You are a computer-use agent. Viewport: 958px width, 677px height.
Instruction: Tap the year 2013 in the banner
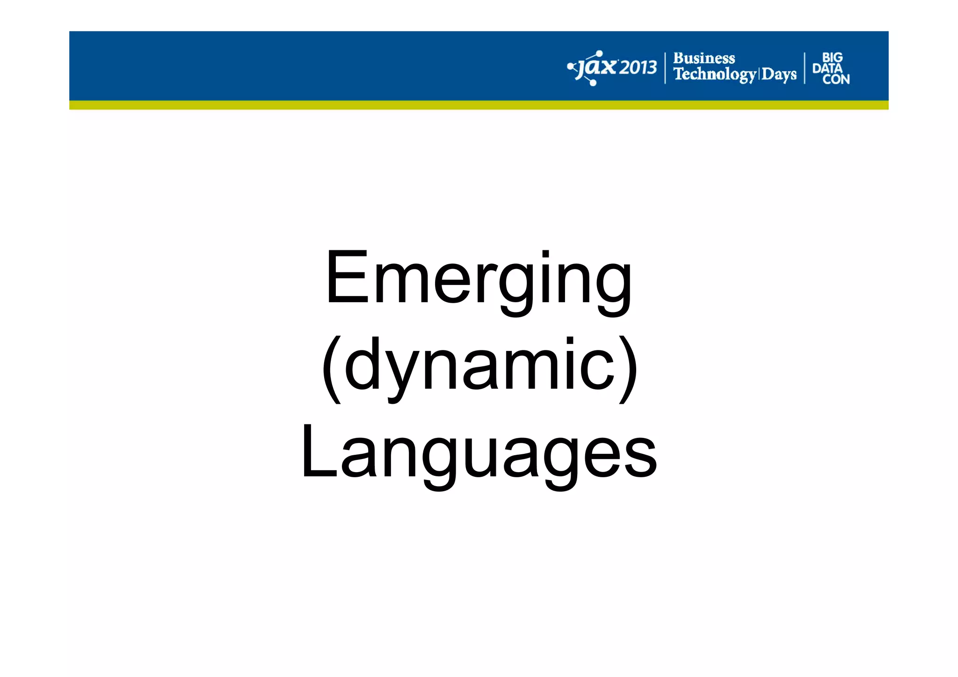click(x=638, y=68)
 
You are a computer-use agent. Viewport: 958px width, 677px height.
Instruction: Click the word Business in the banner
click(x=704, y=58)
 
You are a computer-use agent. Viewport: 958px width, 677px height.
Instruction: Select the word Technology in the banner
click(x=714, y=74)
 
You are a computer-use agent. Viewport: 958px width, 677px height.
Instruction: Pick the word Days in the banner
click(x=779, y=74)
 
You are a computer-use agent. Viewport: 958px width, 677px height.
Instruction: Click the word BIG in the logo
click(x=832, y=58)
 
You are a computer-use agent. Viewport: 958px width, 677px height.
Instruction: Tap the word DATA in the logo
click(x=827, y=68)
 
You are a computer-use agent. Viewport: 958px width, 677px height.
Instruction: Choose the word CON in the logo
click(x=836, y=80)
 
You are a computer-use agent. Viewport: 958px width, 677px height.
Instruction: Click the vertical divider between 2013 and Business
click(x=665, y=68)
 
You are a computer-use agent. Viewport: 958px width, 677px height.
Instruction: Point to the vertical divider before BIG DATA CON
click(x=805, y=68)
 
